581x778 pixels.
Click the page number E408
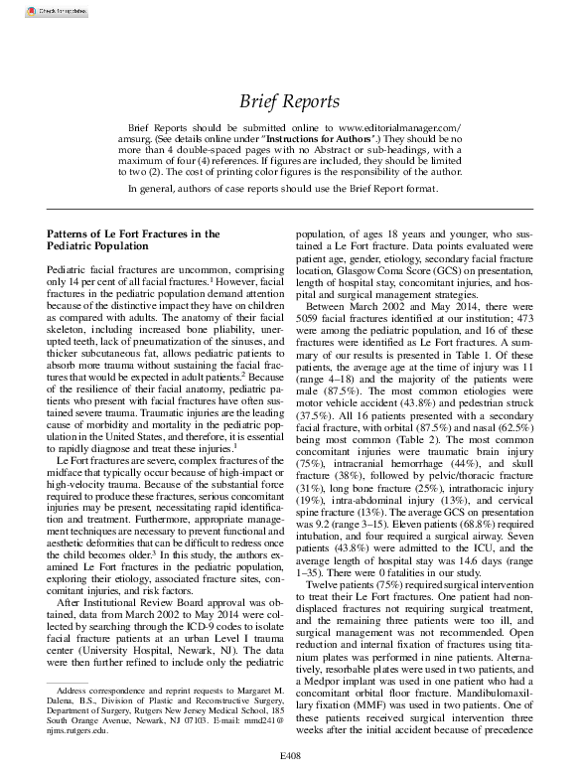pos(290,767)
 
